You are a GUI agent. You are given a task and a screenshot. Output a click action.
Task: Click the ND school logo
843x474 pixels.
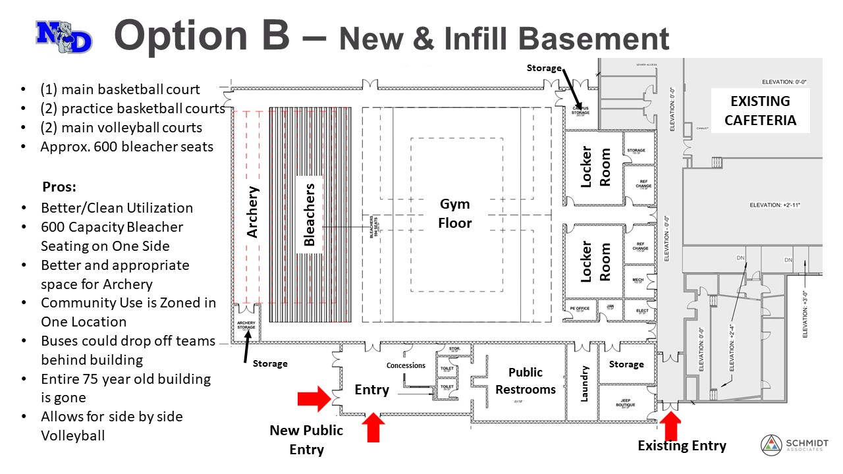pyautogui.click(x=64, y=37)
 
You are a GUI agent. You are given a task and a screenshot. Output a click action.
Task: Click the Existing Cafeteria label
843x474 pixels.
pyautogui.click(x=761, y=111)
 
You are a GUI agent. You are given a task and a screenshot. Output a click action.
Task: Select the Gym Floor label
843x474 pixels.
pyautogui.click(x=456, y=215)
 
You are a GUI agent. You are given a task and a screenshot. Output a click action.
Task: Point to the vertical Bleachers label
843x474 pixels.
pyautogui.click(x=309, y=215)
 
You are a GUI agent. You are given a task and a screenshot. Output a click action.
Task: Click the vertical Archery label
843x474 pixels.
pyautogui.click(x=252, y=211)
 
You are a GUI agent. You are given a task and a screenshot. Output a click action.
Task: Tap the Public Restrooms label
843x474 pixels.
pyautogui.click(x=526, y=381)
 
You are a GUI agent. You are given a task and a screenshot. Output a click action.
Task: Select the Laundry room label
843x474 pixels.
pyautogui.click(x=583, y=383)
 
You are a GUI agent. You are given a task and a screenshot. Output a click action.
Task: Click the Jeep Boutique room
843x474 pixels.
pyautogui.click(x=626, y=404)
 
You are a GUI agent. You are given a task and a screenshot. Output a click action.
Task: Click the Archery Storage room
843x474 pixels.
pyautogui.click(x=246, y=324)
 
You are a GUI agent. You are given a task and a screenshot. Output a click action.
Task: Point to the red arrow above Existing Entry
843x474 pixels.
pyautogui.click(x=672, y=425)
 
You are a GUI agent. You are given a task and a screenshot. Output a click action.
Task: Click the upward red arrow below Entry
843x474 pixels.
pyautogui.click(x=373, y=427)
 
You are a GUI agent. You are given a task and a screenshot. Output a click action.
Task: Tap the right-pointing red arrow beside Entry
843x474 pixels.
pyautogui.click(x=313, y=398)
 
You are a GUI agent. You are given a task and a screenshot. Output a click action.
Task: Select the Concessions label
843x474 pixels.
pyautogui.click(x=406, y=365)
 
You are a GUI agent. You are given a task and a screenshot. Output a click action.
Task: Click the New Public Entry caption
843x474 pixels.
pyautogui.click(x=306, y=440)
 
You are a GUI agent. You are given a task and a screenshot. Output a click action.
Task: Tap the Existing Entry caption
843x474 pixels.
pyautogui.click(x=682, y=446)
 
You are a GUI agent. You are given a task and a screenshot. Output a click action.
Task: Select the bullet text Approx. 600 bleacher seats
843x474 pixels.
pyautogui.click(x=126, y=147)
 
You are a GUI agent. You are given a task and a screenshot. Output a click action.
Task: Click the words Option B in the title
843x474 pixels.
pyautogui.click(x=202, y=36)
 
